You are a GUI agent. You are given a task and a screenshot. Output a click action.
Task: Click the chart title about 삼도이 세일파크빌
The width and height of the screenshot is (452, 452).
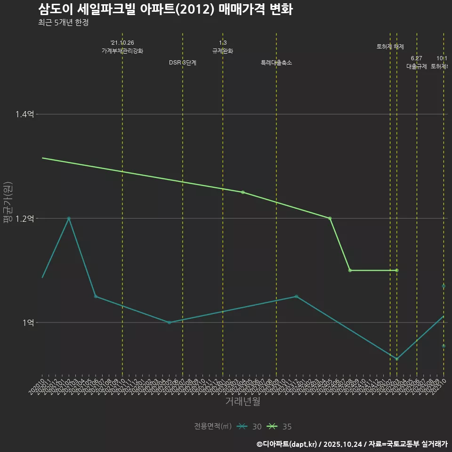[165, 9]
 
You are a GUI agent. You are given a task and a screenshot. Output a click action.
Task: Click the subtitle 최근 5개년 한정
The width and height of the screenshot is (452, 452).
[63, 22]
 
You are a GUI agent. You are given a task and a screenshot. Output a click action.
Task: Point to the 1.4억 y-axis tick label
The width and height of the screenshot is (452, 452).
[24, 114]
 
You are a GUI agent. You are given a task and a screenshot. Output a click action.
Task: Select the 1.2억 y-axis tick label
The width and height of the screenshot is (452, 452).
[24, 218]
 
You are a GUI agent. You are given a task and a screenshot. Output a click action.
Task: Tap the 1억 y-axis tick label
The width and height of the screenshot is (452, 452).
[28, 323]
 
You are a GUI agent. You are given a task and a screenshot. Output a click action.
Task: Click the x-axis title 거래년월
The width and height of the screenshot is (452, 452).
[242, 402]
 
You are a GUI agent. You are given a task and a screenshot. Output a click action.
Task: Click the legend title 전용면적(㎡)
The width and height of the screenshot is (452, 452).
[212, 427]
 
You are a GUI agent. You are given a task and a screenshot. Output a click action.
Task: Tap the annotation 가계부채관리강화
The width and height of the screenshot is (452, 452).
[122, 51]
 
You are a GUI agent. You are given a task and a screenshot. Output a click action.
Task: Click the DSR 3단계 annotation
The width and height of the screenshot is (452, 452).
[183, 63]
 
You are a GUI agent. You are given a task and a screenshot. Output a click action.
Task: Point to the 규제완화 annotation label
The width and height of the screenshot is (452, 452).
[223, 51]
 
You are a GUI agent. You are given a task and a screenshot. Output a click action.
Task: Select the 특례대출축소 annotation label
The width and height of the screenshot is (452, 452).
[276, 63]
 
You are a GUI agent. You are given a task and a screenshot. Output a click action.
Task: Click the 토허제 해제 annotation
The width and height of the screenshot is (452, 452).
[390, 47]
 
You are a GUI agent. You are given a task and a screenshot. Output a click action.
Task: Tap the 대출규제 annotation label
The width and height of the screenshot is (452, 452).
[417, 66]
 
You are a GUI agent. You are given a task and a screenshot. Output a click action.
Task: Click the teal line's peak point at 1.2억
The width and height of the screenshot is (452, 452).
[69, 218]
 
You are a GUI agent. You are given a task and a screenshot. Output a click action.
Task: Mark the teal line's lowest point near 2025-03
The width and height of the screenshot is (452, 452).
[397, 359]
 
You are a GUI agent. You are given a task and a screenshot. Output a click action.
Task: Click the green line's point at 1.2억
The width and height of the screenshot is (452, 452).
[330, 218]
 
